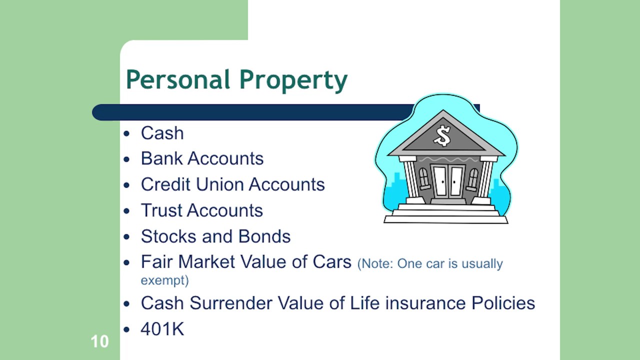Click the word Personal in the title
pyautogui.click(x=178, y=80)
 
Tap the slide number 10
pyautogui.click(x=99, y=342)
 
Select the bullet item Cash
pyautogui.click(x=162, y=133)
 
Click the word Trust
pyautogui.click(x=159, y=210)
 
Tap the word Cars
pyautogui.click(x=331, y=262)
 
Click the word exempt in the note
pyautogui.click(x=164, y=280)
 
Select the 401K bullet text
pyautogui.click(x=162, y=329)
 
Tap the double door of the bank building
pyautogui.click(x=448, y=181)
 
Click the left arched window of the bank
pyautogui.click(x=424, y=178)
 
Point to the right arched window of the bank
pyautogui.click(x=472, y=178)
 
